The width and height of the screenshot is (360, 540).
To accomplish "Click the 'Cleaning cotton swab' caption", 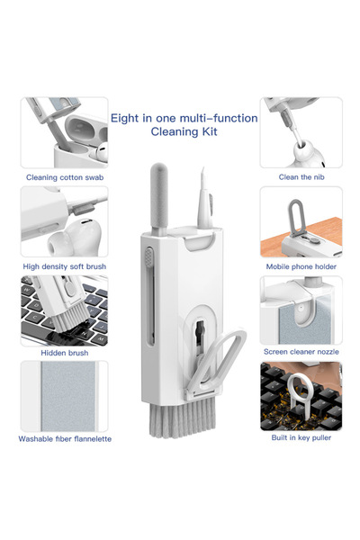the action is [65, 177].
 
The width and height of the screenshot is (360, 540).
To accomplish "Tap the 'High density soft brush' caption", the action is [65, 266].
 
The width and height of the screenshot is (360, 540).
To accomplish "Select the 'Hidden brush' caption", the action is [65, 353].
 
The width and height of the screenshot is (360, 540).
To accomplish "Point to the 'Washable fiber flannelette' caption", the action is [65, 439].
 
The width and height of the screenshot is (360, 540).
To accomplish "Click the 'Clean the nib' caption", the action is [301, 177].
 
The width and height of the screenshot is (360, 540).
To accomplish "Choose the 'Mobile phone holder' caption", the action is [301, 266].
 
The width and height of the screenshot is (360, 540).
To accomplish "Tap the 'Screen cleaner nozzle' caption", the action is [301, 352].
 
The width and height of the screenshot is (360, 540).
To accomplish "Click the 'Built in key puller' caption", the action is [301, 437].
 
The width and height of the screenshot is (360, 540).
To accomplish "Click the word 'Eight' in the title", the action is [124, 119].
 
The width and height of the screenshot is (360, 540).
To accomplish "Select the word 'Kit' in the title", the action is [209, 131].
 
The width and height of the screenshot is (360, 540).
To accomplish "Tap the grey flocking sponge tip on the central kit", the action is [158, 196].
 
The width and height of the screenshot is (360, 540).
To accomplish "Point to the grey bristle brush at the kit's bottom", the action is [182, 418].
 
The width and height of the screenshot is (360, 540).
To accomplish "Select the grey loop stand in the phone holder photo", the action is [295, 217].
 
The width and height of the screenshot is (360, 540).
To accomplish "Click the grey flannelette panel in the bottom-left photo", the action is [68, 396].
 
